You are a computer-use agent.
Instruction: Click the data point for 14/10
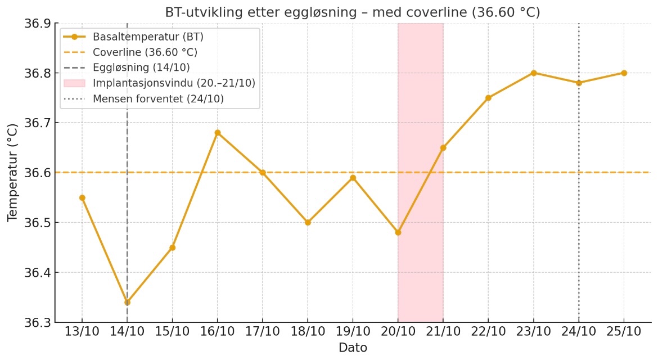pos(127,302)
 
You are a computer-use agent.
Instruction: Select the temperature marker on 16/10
pos(218,133)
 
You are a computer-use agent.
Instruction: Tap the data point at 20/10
pos(398,232)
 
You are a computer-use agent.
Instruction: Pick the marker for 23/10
pos(534,73)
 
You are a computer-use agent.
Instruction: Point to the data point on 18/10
pos(308,222)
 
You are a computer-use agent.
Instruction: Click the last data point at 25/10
pos(624,73)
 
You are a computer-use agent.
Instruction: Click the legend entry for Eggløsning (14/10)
pos(141,67)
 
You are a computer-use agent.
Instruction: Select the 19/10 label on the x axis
pos(353,331)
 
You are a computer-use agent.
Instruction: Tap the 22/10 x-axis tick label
pos(488,331)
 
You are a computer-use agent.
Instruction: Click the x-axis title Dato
pos(353,348)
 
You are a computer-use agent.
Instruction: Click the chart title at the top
pos(353,12)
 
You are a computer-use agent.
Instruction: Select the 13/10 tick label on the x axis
pos(82,331)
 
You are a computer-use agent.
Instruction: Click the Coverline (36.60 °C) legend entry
pos(145,52)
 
